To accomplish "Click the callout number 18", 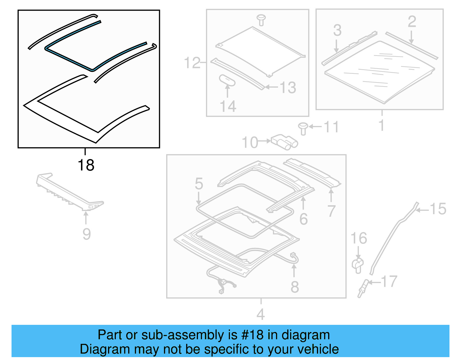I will coord(86,165).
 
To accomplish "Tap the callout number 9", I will coord(86,234).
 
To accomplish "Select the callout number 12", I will coord(192,63).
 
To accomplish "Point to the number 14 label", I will coord(228,106).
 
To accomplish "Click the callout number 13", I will coord(288,87).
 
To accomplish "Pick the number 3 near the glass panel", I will coord(337,30).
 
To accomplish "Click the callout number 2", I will coord(412,22).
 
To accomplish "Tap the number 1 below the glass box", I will coord(381,125).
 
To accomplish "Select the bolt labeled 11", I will coord(303,128).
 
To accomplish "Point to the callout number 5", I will coord(199,184).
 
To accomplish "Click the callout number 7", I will coord(331,211).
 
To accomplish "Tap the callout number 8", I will coord(294,287).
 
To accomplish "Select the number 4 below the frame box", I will coord(260,314).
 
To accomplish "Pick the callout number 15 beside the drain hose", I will coord(438,209).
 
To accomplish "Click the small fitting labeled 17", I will coord(363,288).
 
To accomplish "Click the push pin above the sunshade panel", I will coord(261,20).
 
